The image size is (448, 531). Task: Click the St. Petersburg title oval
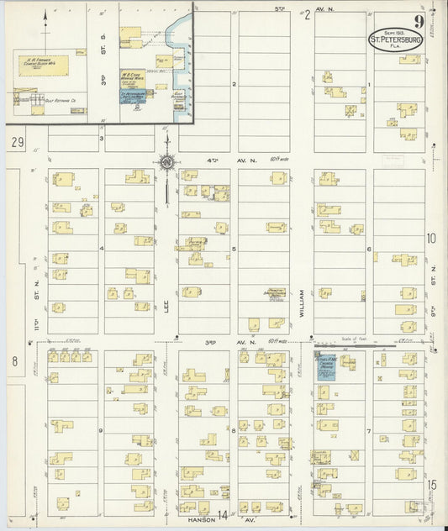tap(395, 39)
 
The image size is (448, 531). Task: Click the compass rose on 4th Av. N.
tap(167, 162)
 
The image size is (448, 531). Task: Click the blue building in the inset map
tap(131, 94)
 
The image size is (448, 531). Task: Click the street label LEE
tap(166, 311)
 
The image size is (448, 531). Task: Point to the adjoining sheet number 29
tap(18, 145)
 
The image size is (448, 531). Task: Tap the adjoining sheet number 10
tap(431, 239)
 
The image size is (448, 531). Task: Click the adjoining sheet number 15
tap(431, 486)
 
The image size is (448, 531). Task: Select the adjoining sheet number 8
tap(14, 361)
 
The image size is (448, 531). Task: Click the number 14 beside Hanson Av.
tap(224, 515)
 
